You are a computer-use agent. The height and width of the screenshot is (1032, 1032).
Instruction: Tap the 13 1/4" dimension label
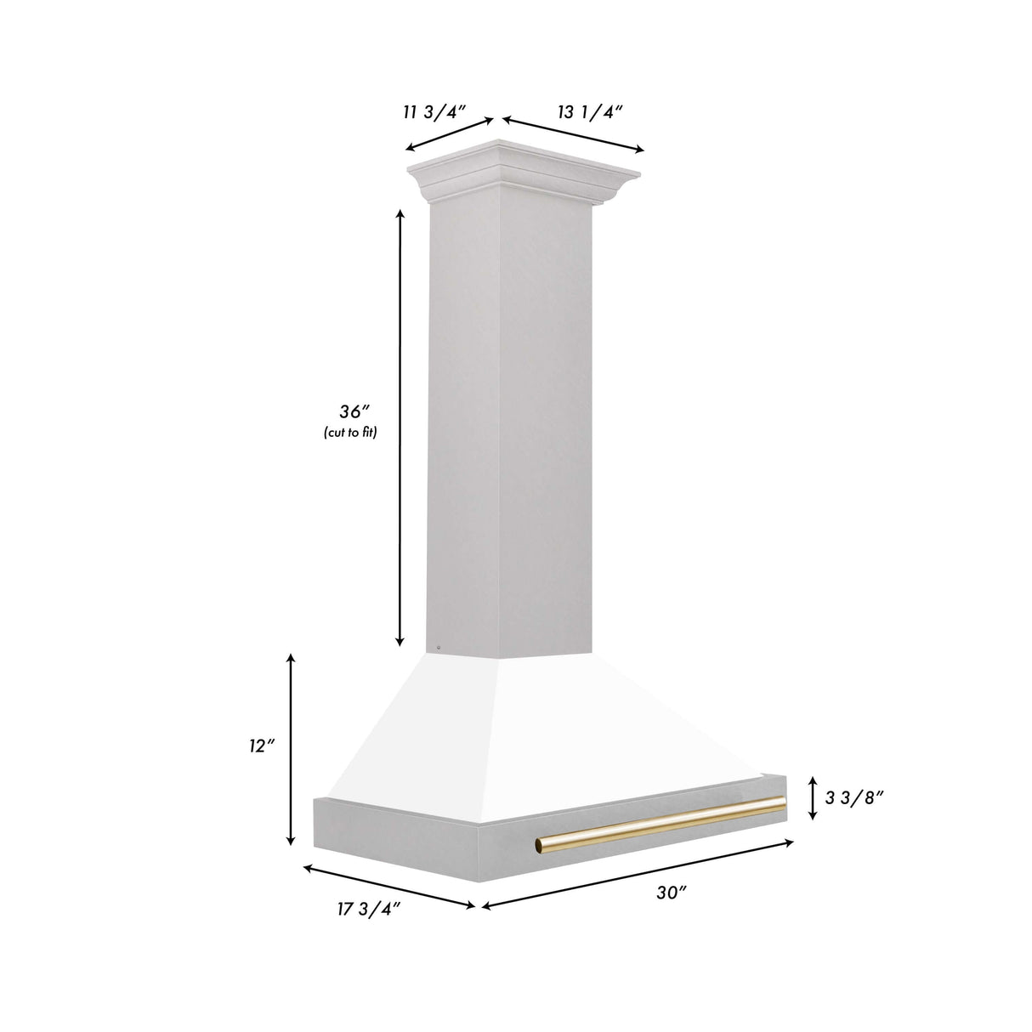click(591, 111)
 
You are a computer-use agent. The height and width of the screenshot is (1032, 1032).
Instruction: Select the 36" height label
click(350, 412)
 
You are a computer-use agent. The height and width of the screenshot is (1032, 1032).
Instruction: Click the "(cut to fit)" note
click(349, 433)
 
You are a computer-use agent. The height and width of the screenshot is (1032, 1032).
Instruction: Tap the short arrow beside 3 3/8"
click(814, 797)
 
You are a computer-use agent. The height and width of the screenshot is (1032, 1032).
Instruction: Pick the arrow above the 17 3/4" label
click(388, 887)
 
